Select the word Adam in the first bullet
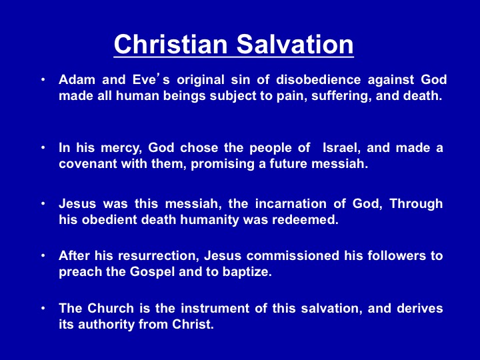[x=77, y=79]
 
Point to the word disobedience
[x=319, y=79]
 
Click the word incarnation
[x=291, y=204]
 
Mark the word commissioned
[x=293, y=255]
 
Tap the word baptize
[x=247, y=272]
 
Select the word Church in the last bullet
[x=111, y=308]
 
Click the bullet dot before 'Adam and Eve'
[x=43, y=80]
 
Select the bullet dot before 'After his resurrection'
[x=43, y=256]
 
